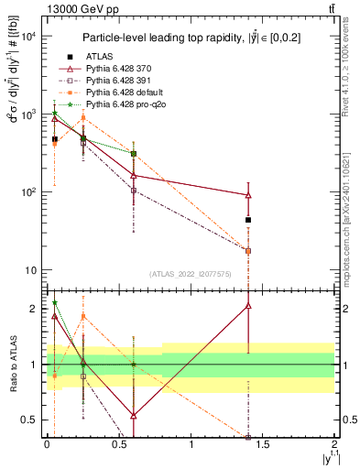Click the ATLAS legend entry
pyautogui.click(x=99, y=57)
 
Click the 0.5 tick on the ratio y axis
pyautogui.click(x=30, y=420)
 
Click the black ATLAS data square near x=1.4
pyautogui.click(x=248, y=220)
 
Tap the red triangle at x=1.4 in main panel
pyautogui.click(x=248, y=194)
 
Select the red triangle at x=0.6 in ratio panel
pyautogui.click(x=134, y=416)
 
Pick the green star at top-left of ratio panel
pyautogui.click(x=55, y=302)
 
